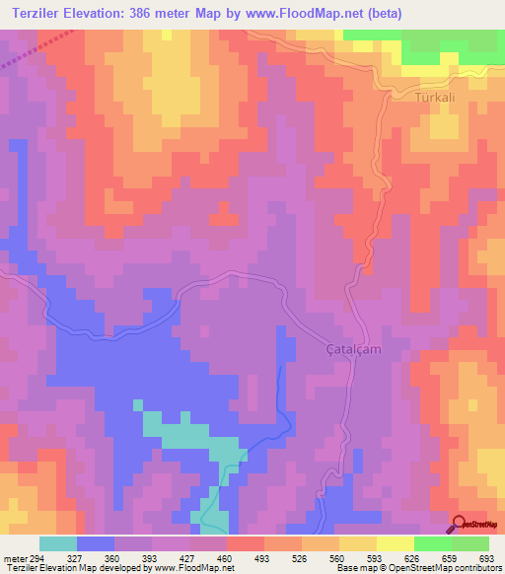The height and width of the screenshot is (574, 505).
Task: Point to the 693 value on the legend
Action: pyautogui.click(x=484, y=558)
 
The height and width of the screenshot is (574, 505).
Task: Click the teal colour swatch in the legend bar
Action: pyautogui.click(x=58, y=543)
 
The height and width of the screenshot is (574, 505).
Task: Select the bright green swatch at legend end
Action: pyautogui.click(x=470, y=543)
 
